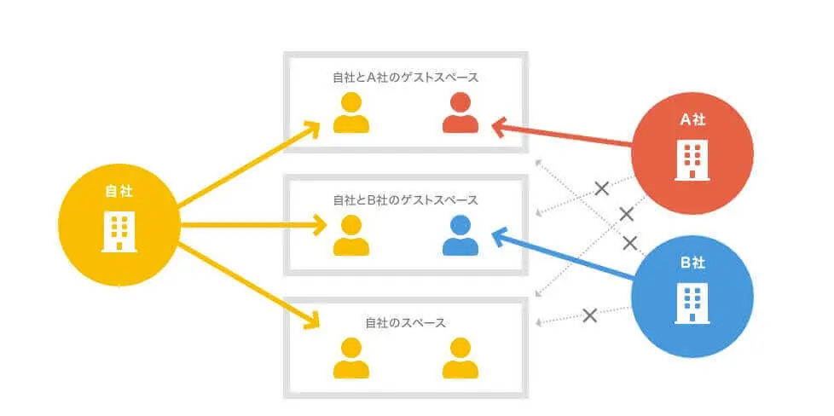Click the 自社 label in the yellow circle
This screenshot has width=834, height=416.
click(x=119, y=193)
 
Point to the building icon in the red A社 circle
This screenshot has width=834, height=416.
click(x=692, y=160)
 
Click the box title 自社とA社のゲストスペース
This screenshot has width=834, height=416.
click(x=405, y=77)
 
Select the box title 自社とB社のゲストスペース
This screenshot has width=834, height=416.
click(x=405, y=200)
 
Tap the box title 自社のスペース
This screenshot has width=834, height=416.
click(x=405, y=323)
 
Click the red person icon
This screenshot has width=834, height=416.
click(x=460, y=113)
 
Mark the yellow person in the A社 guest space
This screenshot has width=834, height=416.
click(x=351, y=113)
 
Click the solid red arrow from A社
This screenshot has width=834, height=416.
click(x=563, y=136)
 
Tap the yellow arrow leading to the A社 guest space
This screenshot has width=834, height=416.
click(x=247, y=166)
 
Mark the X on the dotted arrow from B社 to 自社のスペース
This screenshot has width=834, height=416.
click(x=589, y=315)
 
